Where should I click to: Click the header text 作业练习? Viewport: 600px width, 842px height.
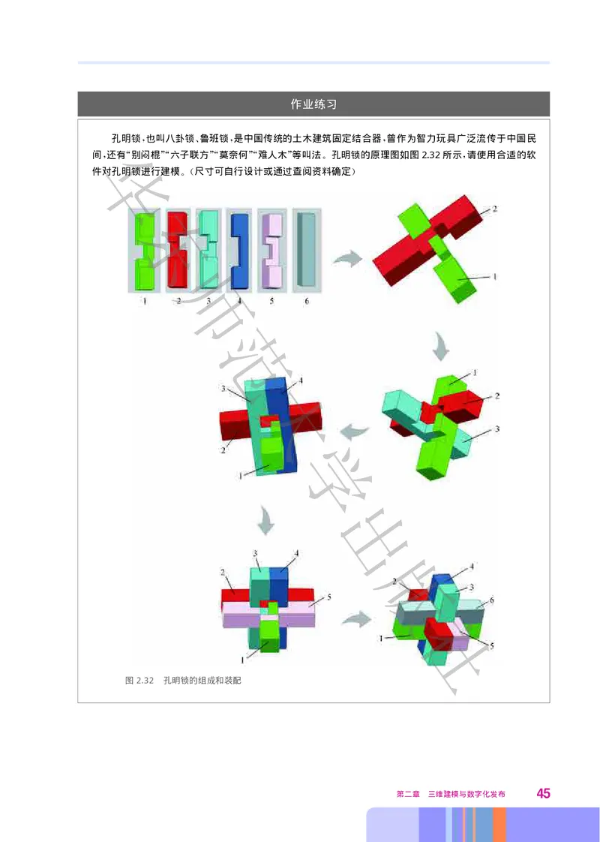click(x=313, y=104)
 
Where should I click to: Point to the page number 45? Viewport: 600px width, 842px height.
click(x=543, y=794)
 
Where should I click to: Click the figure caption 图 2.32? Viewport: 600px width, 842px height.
click(x=139, y=681)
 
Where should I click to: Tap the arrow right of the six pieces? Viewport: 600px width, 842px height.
click(x=347, y=260)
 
